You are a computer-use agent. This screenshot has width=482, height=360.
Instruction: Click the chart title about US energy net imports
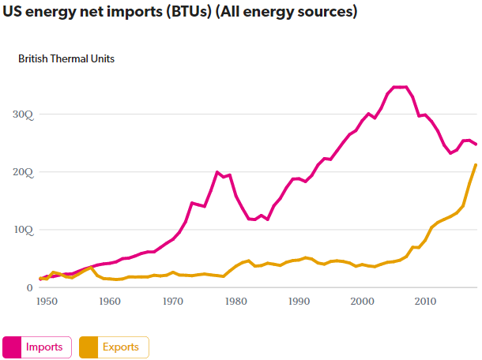click(x=180, y=13)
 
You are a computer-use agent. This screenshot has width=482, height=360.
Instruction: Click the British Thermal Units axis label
click(x=66, y=58)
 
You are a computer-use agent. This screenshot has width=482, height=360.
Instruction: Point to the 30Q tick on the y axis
click(x=23, y=114)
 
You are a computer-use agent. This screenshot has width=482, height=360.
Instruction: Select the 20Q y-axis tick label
click(x=23, y=172)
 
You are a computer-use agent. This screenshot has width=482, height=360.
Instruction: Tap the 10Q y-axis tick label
click(x=23, y=230)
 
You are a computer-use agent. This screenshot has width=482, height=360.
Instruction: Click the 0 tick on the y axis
click(x=29, y=288)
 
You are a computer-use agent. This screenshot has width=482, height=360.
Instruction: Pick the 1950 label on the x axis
click(x=46, y=302)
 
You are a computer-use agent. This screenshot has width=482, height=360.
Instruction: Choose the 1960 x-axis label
click(x=109, y=302)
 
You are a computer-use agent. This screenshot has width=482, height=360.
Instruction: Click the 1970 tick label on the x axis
click(x=172, y=302)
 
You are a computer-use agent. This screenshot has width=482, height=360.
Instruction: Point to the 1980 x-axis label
click(x=235, y=302)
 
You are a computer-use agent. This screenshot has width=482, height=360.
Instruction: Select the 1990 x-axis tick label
click(x=299, y=302)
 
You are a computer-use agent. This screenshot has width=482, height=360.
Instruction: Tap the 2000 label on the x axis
click(x=362, y=302)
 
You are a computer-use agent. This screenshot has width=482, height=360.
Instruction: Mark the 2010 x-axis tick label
click(x=425, y=302)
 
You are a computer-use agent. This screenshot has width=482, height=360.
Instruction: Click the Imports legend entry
click(x=44, y=347)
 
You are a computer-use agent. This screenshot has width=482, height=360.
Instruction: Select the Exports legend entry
click(x=120, y=347)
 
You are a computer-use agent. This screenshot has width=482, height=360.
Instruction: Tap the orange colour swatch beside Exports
click(x=88, y=347)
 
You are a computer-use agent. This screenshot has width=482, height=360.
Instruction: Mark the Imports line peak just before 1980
click(x=217, y=172)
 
